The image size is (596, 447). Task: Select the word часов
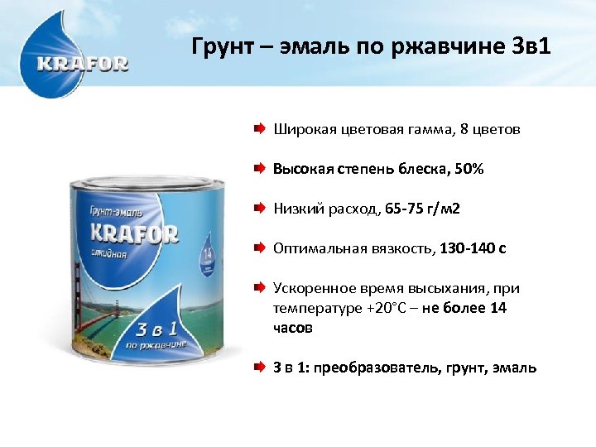point(293,327)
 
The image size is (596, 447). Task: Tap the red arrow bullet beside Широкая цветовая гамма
point(260,130)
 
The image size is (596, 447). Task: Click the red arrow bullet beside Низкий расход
point(260,209)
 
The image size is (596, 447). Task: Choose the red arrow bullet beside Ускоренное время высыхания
point(260,288)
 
